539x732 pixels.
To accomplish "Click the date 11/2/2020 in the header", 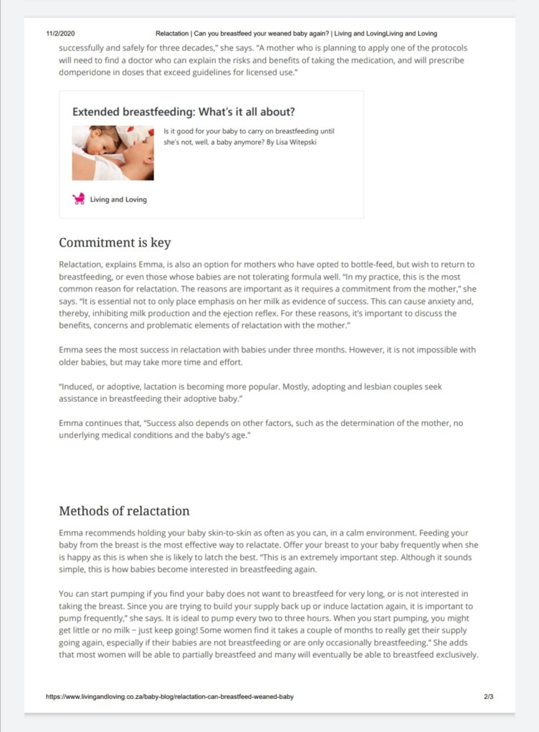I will point(61,34).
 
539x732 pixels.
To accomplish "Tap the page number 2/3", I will point(488,696).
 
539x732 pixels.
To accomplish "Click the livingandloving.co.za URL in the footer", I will point(169,696).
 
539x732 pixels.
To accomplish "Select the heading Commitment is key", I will point(114,242).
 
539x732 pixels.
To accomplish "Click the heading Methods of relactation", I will point(124,510).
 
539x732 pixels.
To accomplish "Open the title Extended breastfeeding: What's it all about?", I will point(184,112).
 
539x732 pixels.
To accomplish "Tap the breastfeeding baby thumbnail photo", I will point(113,153).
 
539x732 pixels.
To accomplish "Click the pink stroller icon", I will point(79,199).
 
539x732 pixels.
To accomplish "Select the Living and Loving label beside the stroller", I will point(118,199).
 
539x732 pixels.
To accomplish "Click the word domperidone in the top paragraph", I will point(88,73).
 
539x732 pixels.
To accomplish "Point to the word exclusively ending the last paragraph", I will point(450,654).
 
